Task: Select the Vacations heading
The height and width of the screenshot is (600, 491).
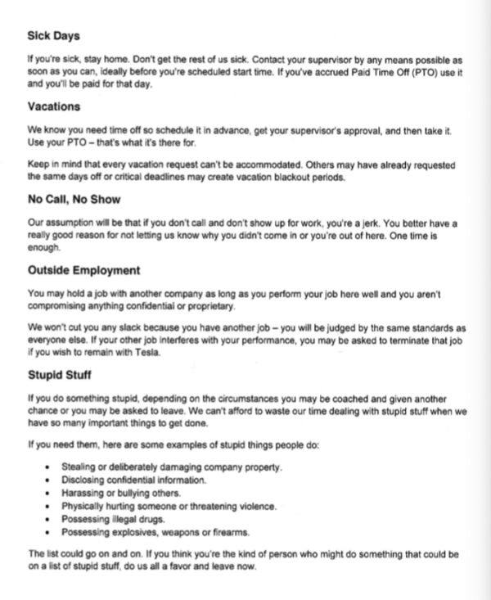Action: [x=54, y=106]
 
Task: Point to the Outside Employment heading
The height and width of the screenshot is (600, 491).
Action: [x=84, y=270]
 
